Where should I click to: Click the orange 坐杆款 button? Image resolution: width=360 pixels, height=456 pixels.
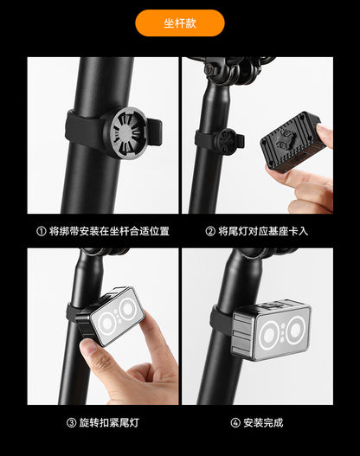180,23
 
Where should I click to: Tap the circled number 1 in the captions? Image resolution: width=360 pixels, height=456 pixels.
42,231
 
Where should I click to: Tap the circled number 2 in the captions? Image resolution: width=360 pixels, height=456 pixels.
210,231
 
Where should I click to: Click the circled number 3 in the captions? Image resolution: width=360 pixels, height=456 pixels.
71,422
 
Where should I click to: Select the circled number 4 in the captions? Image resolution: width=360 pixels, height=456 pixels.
235,422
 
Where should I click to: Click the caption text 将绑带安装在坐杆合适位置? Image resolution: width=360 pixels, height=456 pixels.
109,231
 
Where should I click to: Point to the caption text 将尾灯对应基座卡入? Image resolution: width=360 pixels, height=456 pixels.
263,231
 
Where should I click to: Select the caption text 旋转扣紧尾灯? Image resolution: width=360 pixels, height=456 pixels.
109,422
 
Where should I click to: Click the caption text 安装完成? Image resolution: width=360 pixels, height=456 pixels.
263,422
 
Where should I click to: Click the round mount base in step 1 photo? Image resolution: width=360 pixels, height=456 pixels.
125,132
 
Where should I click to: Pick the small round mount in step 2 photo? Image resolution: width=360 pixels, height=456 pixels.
228,142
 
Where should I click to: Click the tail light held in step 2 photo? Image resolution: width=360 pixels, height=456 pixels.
291,140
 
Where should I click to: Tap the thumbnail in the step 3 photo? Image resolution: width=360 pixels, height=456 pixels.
88,346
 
